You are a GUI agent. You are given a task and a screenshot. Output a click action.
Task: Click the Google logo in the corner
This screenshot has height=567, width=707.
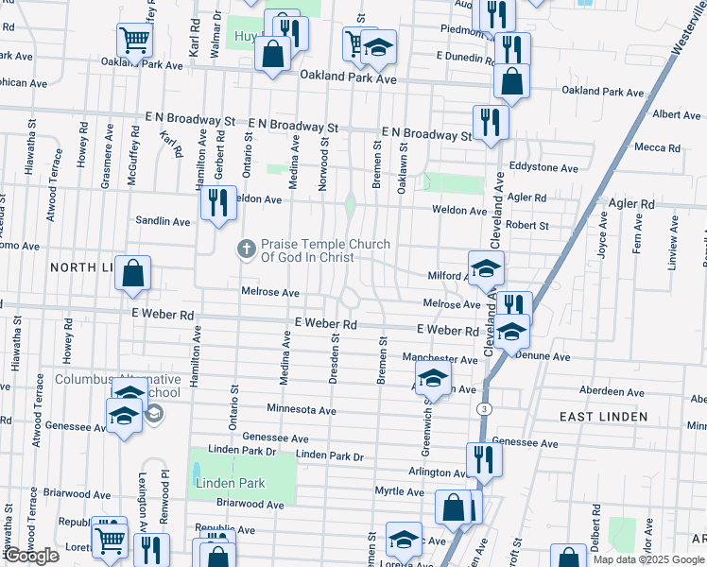[30, 556]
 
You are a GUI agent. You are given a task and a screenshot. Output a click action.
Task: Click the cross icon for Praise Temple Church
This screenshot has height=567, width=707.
[246, 249]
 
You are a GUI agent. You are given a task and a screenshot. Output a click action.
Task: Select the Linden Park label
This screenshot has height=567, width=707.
[230, 483]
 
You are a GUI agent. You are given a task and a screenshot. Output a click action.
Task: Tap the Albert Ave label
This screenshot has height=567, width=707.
[676, 114]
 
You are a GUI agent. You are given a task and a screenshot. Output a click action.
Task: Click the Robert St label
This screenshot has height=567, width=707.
[527, 226]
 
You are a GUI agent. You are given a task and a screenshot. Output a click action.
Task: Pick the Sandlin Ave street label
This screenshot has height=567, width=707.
[163, 221]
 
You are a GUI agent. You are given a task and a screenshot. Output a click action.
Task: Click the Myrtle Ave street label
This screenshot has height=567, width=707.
[399, 491]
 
